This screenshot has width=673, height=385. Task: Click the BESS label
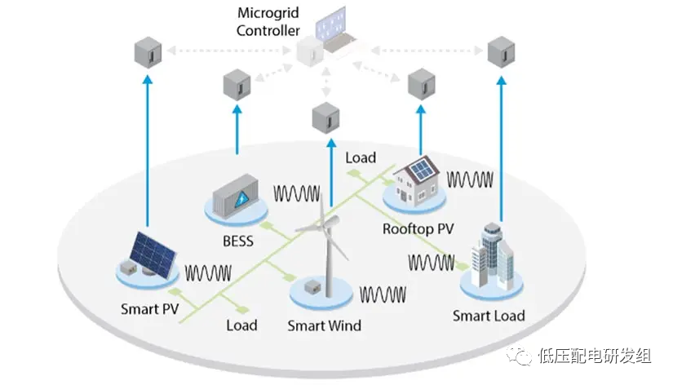coord(237,241)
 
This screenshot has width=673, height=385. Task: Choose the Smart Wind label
coord(324,325)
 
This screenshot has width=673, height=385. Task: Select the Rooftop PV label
coord(418,229)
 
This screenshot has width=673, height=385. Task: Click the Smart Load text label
coord(489,315)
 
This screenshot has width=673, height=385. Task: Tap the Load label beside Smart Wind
coord(241,325)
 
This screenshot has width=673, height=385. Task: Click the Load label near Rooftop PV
coord(360,157)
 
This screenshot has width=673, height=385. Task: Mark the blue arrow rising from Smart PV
coord(148,147)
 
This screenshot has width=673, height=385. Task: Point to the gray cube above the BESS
coord(237,84)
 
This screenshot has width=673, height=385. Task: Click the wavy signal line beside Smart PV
coord(208,272)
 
